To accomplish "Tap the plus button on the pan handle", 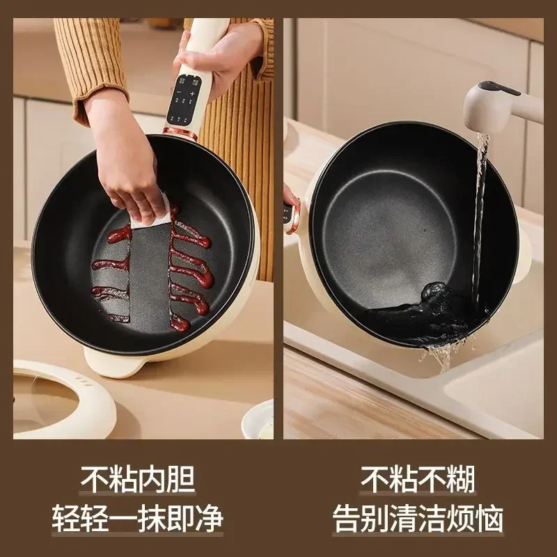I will click(x=192, y=93).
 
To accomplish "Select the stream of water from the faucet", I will click(x=480, y=209).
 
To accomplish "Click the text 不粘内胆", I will click(x=138, y=480).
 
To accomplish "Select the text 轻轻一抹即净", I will click(x=138, y=519).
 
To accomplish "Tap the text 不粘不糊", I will click(x=418, y=480).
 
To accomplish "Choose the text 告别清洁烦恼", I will click(x=418, y=519).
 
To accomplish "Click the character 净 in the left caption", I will click(x=210, y=519).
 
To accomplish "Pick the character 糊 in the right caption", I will click(x=461, y=480).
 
